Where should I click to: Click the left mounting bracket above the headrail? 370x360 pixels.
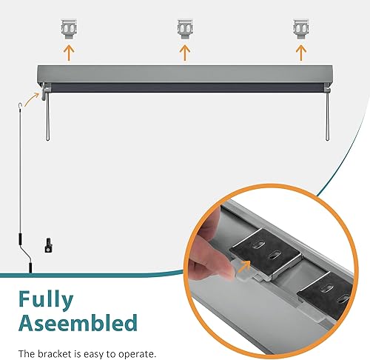click(x=69, y=30)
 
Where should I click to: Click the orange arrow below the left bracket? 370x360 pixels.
click(x=69, y=53)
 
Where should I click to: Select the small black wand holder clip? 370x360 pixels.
click(x=47, y=243)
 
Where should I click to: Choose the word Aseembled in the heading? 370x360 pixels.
click(x=75, y=323)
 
